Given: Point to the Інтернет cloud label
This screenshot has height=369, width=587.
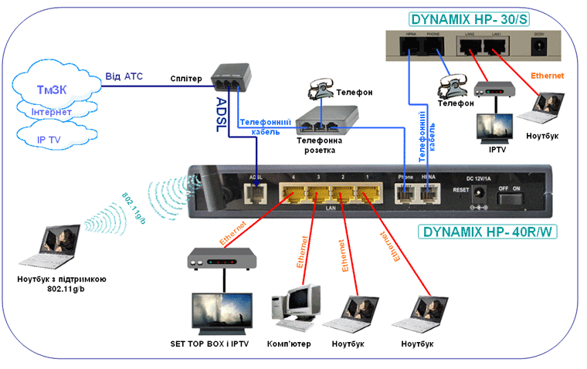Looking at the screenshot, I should point(51,113).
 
